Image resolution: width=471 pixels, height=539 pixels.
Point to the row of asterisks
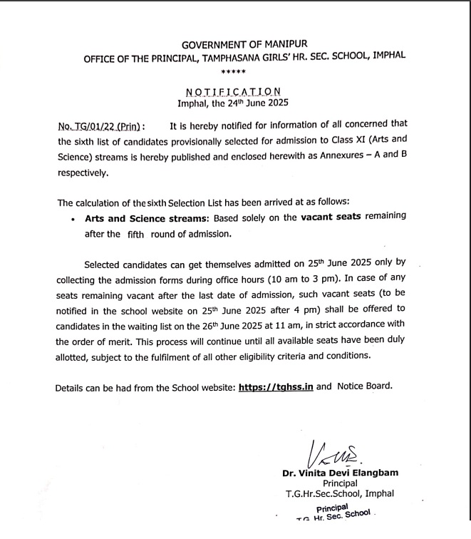pos(233,73)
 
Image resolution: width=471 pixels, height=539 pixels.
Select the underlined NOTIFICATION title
pos(233,91)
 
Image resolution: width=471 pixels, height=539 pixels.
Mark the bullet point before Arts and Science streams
pos(73,220)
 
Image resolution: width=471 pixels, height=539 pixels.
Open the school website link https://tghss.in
pos(276,387)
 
